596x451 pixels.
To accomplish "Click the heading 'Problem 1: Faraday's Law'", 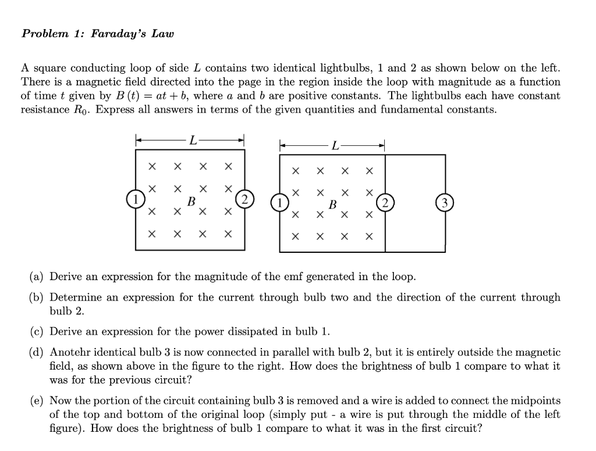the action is click(x=97, y=33).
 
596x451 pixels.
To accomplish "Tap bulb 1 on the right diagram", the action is click(x=280, y=203).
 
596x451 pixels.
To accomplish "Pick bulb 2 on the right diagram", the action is click(x=385, y=203).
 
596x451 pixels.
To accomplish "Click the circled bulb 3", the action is click(x=445, y=203).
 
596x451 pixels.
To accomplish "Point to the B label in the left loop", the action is click(x=190, y=201).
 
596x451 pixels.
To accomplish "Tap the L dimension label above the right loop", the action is click(x=335, y=145).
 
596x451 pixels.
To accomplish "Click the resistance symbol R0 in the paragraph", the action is click(x=81, y=110).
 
